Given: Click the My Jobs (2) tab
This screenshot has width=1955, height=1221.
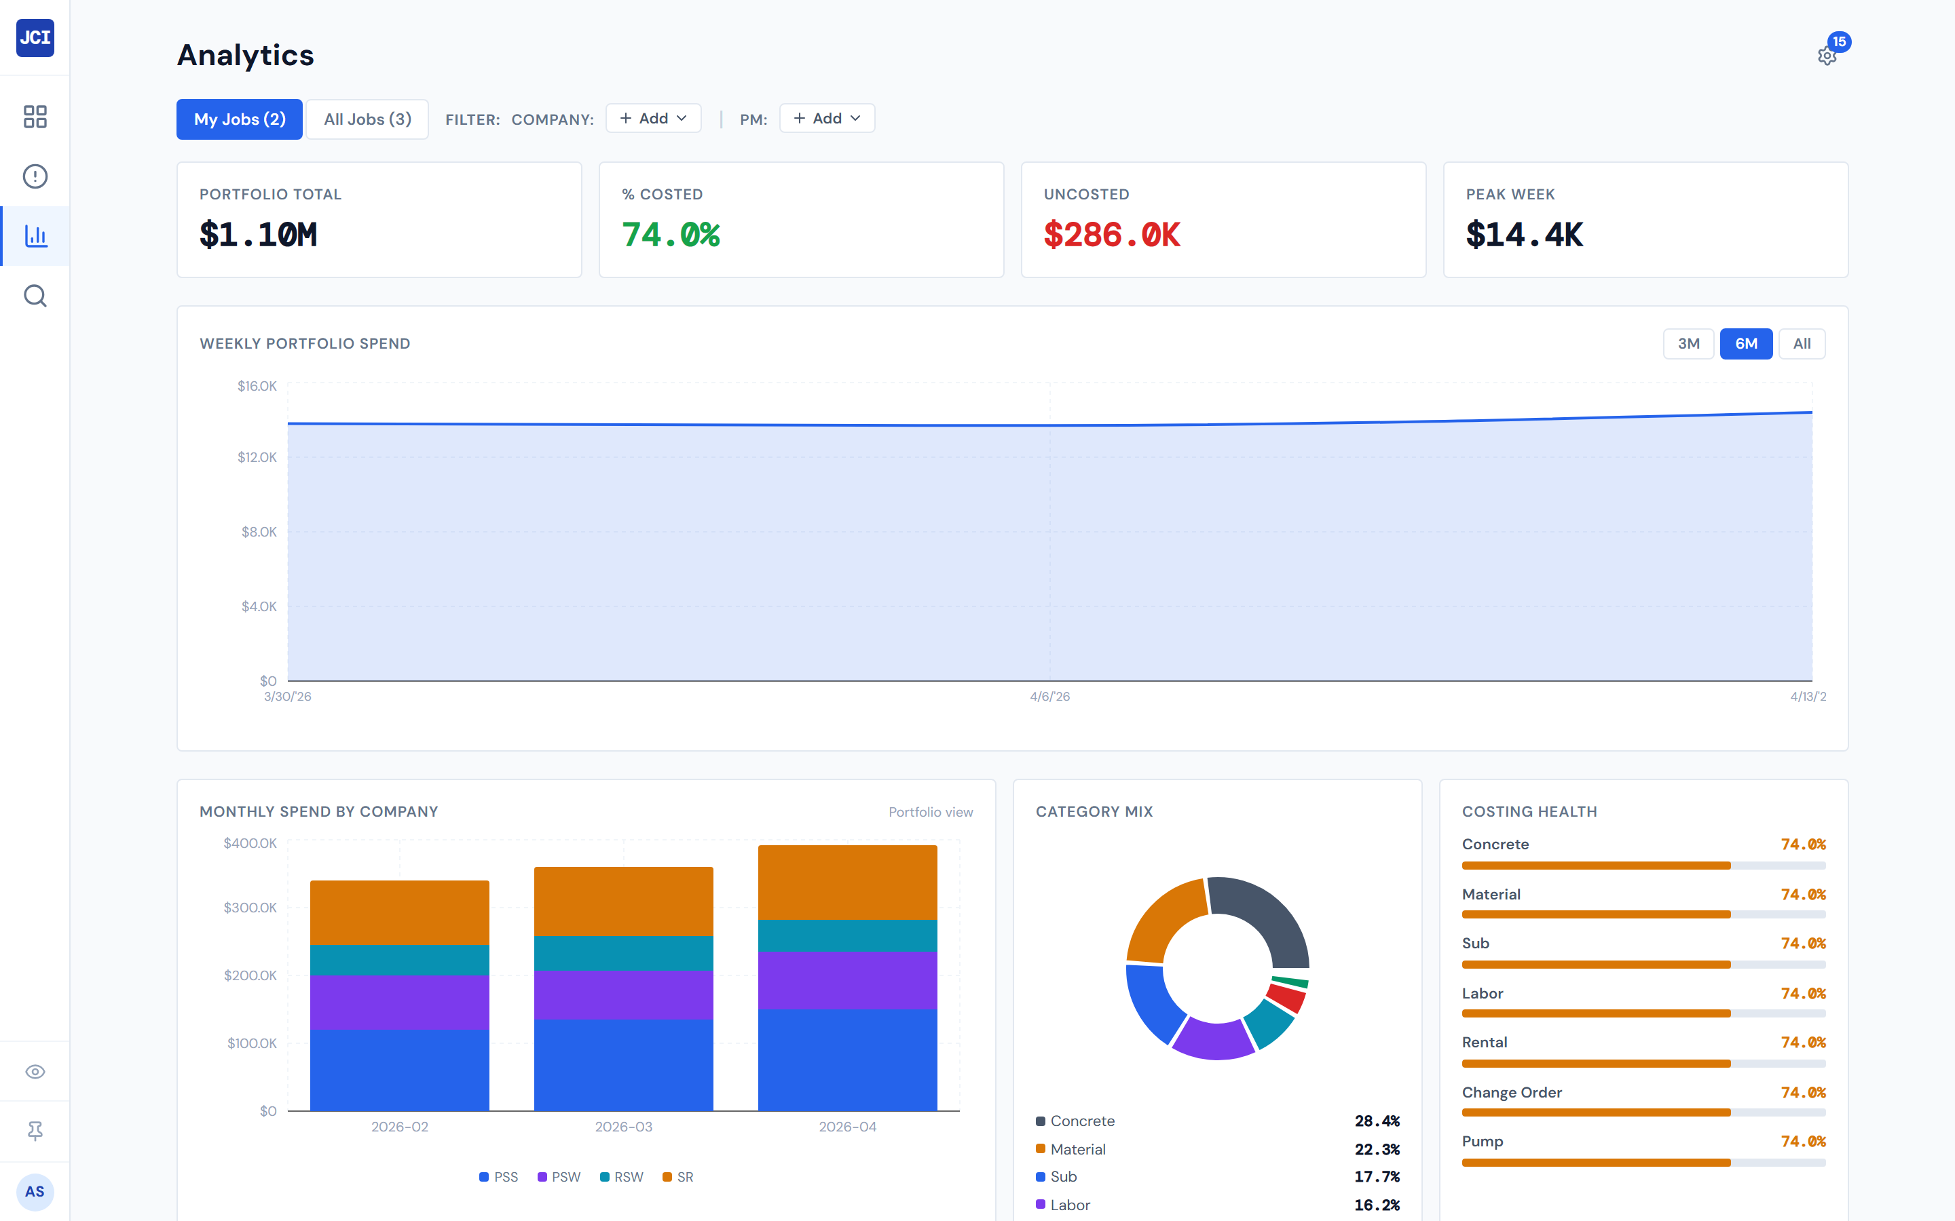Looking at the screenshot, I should [239, 119].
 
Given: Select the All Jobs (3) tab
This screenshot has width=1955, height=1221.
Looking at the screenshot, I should [367, 119].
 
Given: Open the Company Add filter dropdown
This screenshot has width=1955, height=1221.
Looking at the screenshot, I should [653, 119].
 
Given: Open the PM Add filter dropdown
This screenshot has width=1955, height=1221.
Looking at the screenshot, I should [826, 119].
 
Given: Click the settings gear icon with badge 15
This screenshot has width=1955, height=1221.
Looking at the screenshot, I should [1827, 56].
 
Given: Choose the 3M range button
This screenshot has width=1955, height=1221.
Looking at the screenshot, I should [1688, 344].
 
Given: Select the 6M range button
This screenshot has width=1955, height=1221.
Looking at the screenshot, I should [1745, 344].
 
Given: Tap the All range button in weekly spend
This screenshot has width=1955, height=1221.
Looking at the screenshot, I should [1801, 344].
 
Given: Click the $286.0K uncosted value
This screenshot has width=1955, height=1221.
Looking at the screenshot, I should [1112, 235].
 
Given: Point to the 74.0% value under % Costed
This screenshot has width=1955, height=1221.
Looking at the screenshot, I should [671, 235].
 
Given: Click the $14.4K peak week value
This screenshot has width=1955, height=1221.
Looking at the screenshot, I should [1525, 235].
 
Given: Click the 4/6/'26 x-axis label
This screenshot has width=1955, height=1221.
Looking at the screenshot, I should [1049, 696].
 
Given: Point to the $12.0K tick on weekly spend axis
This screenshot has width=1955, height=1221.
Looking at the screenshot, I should [257, 457].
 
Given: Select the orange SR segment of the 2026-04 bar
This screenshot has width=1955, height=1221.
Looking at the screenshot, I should [846, 882].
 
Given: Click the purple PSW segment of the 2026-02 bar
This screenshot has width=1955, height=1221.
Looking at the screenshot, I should [399, 1001].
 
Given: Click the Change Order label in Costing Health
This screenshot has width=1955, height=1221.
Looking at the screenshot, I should [1512, 1093].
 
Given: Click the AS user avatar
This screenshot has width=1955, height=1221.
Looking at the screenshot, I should [35, 1191].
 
